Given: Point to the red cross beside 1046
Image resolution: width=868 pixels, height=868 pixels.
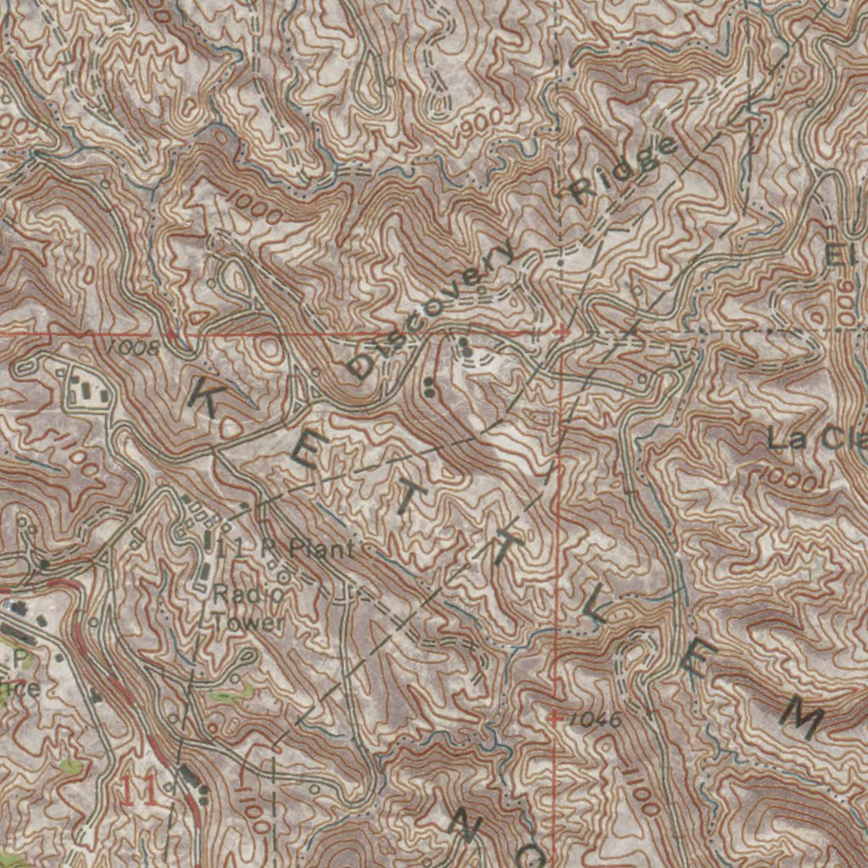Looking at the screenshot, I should coord(554,718).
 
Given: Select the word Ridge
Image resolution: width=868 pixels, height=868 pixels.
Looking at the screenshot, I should coord(623,169).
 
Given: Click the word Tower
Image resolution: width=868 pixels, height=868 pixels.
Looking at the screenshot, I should coord(248,623).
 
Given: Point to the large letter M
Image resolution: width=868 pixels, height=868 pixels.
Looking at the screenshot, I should coord(799,716).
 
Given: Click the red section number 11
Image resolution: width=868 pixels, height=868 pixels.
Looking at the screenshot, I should coord(137,790).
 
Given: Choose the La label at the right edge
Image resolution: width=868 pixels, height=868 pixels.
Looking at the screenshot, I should coord(783,439).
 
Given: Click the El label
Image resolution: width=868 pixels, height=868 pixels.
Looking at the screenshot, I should coord(839,255).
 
